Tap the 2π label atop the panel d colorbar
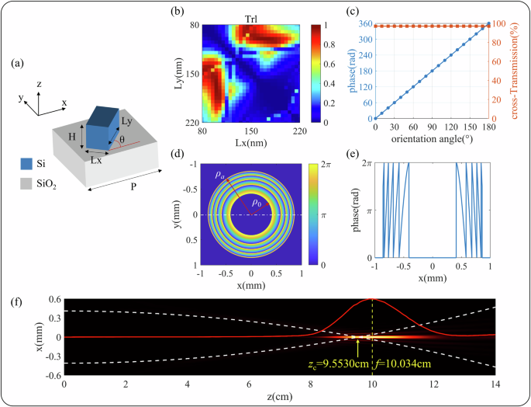pyautogui.click(x=325, y=164)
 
